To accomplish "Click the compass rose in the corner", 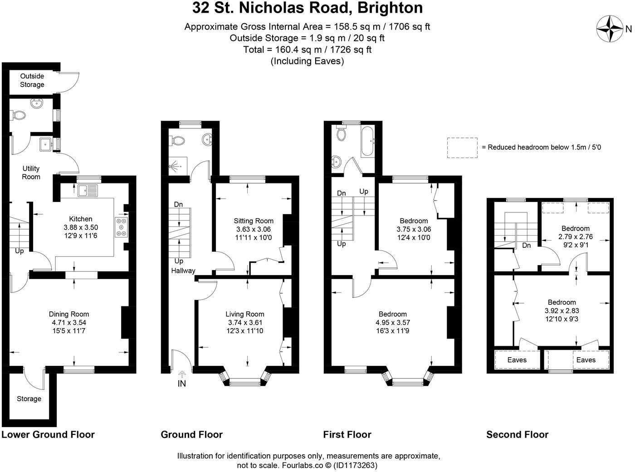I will (610, 29).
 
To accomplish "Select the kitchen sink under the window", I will (88, 191).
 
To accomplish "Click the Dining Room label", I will (69, 314).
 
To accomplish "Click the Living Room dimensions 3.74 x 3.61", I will (245, 323).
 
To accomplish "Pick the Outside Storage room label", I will (32, 80).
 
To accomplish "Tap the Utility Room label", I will (31, 172).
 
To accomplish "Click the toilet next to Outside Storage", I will (19, 116).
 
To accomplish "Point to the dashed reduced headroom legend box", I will (462, 147).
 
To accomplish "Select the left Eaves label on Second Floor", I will (517, 360).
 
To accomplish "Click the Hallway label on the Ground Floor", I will (183, 271).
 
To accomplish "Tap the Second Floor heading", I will (517, 435).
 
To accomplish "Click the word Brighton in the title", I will (391, 8).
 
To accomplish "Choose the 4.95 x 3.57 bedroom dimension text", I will (393, 323).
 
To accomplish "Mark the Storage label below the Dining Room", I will (29, 399).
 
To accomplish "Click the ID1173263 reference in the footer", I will (356, 465).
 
